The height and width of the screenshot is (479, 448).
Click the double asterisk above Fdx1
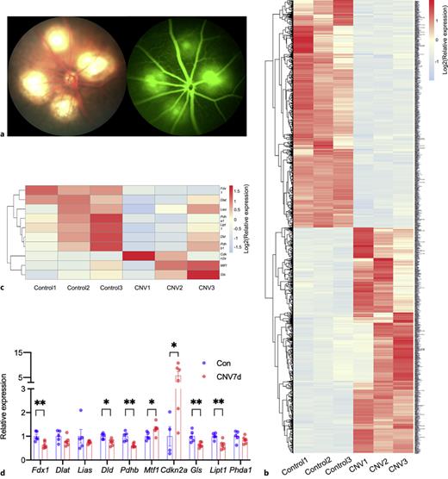[x=40, y=402]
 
